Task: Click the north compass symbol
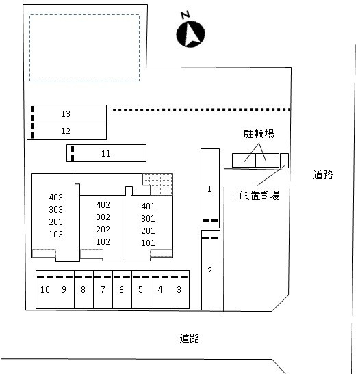[190, 34]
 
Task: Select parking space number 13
[66, 113]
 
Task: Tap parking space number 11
[106, 153]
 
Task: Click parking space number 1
[210, 189]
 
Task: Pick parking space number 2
[211, 271]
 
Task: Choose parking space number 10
[45, 290]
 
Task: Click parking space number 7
[103, 290]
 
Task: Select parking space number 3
[179, 290]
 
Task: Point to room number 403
[56, 198]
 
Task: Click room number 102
[103, 242]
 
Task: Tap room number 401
[148, 206]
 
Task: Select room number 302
[103, 217]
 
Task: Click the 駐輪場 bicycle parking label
[259, 134]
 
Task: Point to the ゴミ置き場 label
[257, 195]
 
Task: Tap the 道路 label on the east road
[323, 175]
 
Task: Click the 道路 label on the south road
[190, 338]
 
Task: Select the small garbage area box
[284, 160]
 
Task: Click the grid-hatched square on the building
[158, 184]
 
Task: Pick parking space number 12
[66, 131]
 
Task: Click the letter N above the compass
[185, 15]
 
